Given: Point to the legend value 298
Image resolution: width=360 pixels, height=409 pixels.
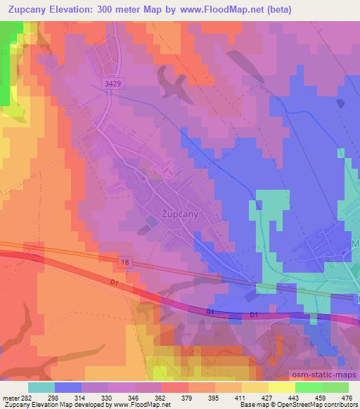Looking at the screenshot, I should (53, 397).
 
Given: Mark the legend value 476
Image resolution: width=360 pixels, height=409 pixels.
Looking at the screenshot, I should (347, 397).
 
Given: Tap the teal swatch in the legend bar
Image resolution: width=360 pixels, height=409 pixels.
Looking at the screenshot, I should (41, 387).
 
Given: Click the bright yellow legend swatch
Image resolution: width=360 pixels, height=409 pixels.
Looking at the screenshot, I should (281, 387).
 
